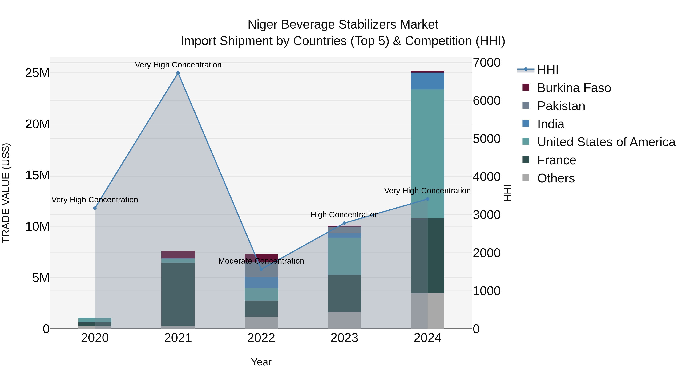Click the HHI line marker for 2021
[178, 73]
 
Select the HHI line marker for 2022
[261, 269]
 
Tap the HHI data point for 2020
[95, 208]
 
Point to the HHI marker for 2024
[428, 199]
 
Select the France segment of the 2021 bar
[178, 294]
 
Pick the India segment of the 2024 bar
[427, 81]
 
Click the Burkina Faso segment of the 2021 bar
[178, 255]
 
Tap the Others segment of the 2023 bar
[344, 320]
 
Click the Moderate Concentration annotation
[261, 261]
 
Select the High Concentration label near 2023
[344, 215]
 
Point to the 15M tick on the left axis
[37, 175]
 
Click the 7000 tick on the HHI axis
[486, 63]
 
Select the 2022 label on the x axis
[261, 338]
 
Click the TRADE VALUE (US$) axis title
[6, 193]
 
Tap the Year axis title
[261, 362]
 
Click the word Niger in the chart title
[262, 25]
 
